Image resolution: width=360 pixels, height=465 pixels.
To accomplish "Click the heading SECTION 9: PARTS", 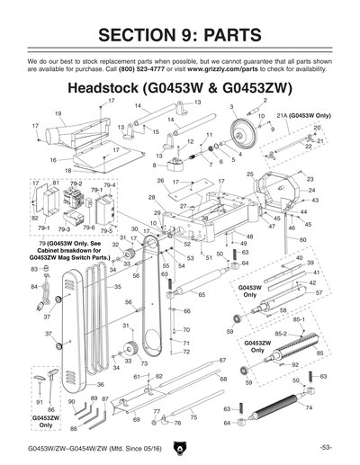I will tap(180, 35).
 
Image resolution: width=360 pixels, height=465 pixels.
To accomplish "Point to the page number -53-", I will tap(327, 447).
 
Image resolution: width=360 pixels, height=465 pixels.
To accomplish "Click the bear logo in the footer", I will tap(181, 445).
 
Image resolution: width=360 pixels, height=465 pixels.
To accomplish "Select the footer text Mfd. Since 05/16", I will tap(125, 448).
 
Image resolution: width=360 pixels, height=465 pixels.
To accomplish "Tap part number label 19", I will tap(58, 113).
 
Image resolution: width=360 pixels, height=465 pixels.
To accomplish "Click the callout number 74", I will tap(309, 407).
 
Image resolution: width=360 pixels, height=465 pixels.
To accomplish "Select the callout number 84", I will tap(33, 286).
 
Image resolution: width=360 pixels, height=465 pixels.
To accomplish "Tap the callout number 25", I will tap(250, 174).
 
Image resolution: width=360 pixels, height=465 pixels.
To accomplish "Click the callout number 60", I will tap(303, 240).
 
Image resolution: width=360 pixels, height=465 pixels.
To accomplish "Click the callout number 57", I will tap(319, 293).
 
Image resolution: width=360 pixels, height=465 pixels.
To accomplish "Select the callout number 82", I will tap(35, 218).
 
